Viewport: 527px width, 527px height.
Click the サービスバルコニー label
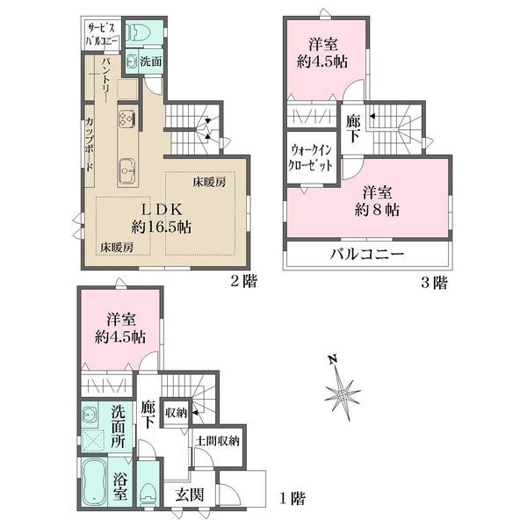coord(102,34)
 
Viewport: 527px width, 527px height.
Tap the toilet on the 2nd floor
coord(139,32)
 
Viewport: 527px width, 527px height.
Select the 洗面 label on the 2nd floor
coord(151,61)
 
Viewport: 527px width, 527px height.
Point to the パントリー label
coord(107,80)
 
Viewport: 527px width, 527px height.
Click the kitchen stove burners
coord(127,119)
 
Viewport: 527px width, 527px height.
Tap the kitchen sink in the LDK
coord(127,170)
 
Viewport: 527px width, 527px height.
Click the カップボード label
coord(90,145)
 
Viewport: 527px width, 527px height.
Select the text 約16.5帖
coord(162,227)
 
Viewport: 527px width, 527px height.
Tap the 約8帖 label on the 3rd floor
coord(377,211)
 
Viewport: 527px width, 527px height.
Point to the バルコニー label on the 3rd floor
coord(366,255)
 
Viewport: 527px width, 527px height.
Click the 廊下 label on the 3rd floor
coord(353,128)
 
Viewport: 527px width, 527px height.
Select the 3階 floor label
coord(434,283)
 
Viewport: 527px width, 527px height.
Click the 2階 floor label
coord(244,281)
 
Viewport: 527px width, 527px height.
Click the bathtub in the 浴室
coord(94,482)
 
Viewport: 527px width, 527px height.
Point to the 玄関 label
coord(189,495)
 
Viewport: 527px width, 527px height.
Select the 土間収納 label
coord(218,440)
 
